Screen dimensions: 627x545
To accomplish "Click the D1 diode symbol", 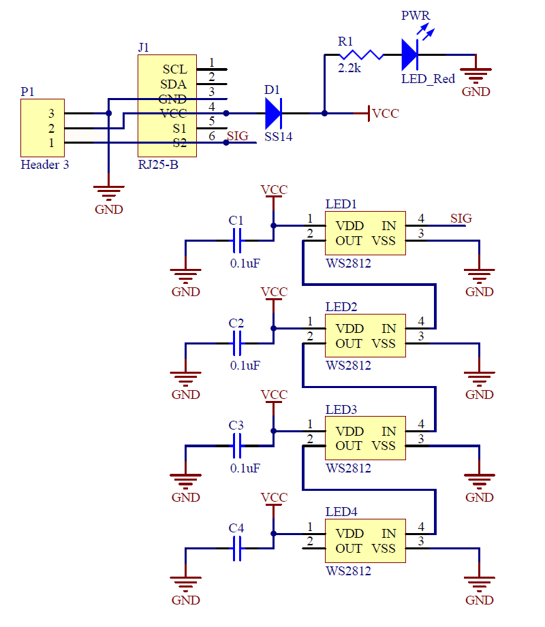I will pos(272,113).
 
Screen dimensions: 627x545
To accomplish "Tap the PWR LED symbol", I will pos(409,54).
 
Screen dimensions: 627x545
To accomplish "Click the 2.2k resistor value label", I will pos(349,69).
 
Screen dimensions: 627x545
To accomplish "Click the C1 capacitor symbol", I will pos(237,240).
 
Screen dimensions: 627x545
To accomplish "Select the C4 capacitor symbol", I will pos(237,548).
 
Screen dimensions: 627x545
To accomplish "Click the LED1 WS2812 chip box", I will pos(365,234).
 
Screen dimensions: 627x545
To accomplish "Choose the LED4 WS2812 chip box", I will pos(365,541).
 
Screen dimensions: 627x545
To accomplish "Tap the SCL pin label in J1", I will pos(174,69).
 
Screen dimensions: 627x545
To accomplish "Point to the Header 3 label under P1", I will pos(45,165).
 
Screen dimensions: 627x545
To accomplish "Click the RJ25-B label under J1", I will pos(158,165).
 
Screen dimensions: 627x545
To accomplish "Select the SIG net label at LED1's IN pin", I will pos(461,219).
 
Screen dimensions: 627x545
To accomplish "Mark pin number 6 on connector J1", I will pos(212,136).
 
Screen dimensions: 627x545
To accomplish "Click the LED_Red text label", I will pos(428,79).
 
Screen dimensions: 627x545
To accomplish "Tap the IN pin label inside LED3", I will pos(388,432).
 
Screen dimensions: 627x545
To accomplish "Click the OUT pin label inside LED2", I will pos(349,344).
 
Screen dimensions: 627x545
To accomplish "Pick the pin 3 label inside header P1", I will pos(51,113).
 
